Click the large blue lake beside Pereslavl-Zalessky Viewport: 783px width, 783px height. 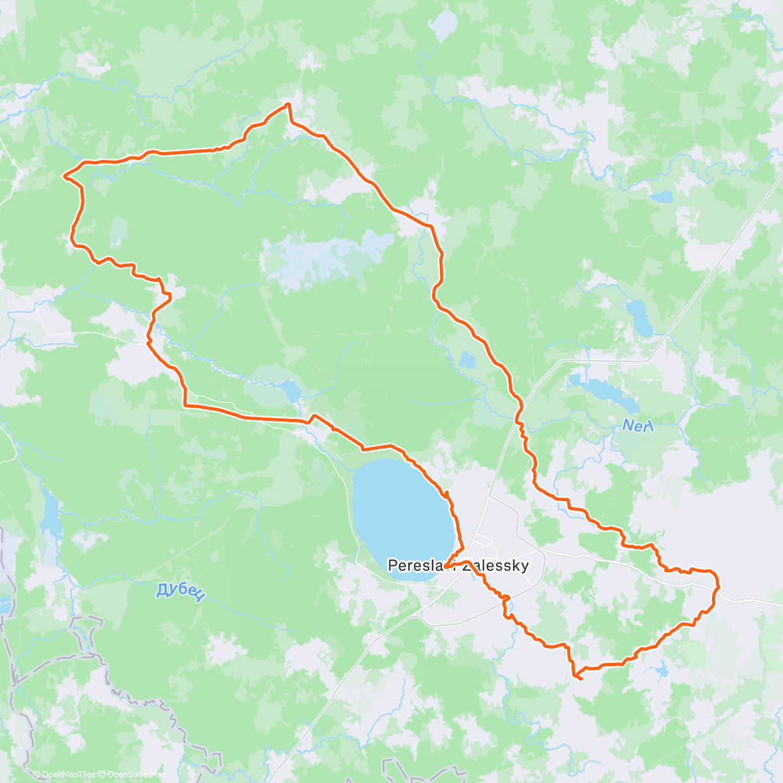point(401,515)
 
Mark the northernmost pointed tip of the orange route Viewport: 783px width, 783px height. point(288,104)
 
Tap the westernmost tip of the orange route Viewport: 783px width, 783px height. point(64,175)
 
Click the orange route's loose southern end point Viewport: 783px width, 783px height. point(580,679)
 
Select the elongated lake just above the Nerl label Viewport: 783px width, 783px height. point(604,391)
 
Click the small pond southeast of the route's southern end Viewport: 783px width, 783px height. point(660,669)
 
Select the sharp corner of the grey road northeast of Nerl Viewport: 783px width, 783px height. point(649,359)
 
